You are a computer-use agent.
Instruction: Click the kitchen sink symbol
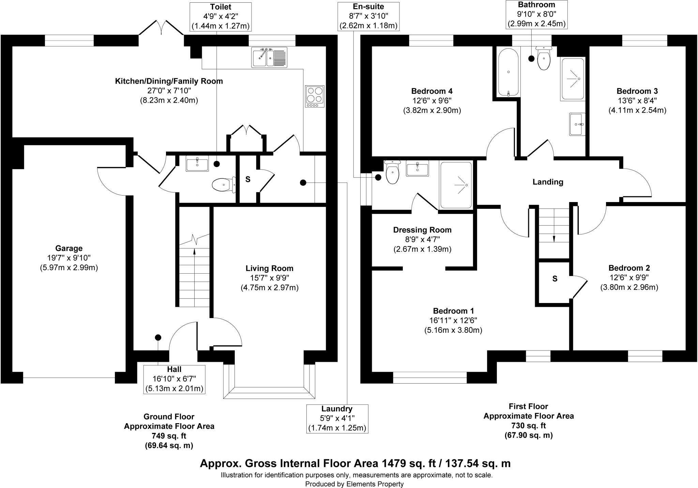tap(269, 57)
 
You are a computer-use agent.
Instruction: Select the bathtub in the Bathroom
tap(508, 72)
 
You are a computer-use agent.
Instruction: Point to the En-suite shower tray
tap(456, 185)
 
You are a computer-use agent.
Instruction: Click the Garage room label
tap(69, 248)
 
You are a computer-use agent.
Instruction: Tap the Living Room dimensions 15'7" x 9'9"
tap(269, 278)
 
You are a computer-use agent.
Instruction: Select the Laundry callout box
tap(337, 419)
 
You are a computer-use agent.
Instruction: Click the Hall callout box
tap(174, 379)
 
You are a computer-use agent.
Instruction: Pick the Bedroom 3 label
tap(637, 91)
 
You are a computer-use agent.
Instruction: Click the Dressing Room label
tap(422, 230)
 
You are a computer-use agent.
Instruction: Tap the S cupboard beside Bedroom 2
tap(555, 279)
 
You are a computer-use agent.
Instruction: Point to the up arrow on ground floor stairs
tap(194, 252)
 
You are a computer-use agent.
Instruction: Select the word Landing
tap(548, 182)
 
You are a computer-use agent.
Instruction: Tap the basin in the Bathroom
tap(577, 124)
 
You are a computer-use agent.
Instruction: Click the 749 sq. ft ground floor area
tap(169, 436)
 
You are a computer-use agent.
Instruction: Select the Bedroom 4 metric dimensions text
tap(432, 110)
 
